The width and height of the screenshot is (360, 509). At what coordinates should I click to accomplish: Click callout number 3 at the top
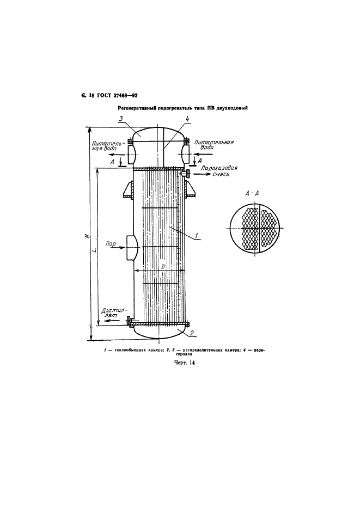120,119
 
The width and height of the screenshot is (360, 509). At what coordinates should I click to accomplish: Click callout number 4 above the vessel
187,119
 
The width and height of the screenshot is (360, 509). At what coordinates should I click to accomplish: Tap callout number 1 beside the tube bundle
197,235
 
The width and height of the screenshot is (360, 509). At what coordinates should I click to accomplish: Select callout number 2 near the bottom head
192,333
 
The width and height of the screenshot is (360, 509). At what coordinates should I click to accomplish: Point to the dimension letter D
163,266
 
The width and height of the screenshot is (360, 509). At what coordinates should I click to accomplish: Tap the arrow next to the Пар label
118,248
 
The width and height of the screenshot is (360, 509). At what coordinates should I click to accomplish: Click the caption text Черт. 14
184,363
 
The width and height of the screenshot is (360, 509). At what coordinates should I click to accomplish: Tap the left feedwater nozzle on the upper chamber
132,154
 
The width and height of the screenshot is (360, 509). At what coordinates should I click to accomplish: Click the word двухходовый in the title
231,108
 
